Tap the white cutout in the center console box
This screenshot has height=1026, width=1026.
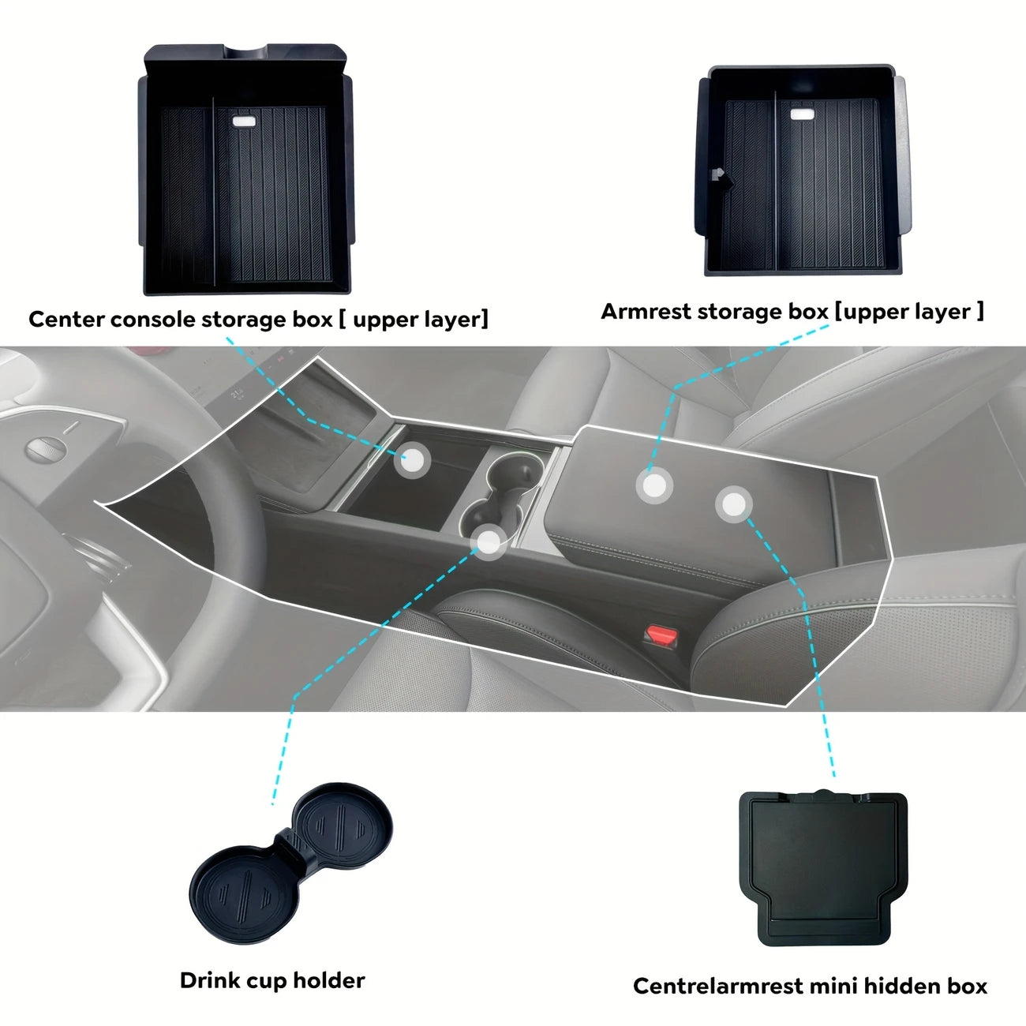243,122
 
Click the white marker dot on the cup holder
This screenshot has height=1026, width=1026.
489,542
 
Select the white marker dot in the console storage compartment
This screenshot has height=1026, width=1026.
411,458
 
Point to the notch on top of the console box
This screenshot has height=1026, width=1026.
245,52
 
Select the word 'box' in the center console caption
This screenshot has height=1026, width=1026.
313,320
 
